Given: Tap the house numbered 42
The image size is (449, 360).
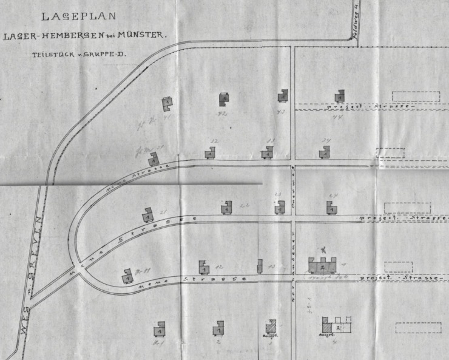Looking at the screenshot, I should (x=224, y=100).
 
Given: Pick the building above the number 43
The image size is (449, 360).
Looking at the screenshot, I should (x=283, y=96).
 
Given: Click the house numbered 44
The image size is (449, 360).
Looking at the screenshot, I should (x=340, y=96).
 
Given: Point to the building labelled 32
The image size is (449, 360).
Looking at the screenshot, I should (x=209, y=154).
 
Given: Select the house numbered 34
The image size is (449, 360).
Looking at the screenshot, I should (x=325, y=152).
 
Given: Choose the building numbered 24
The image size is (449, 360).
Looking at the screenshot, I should (x=331, y=208).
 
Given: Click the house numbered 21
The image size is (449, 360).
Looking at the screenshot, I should (x=147, y=215).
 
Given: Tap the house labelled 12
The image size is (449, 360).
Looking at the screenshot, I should (x=204, y=268).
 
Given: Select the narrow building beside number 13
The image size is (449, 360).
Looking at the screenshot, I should (x=260, y=266).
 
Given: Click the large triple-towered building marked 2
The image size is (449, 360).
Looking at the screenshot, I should (x=323, y=265).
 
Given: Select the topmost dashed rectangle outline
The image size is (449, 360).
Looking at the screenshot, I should (x=416, y=97).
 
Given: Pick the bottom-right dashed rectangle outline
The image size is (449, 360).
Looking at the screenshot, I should (x=418, y=328).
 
